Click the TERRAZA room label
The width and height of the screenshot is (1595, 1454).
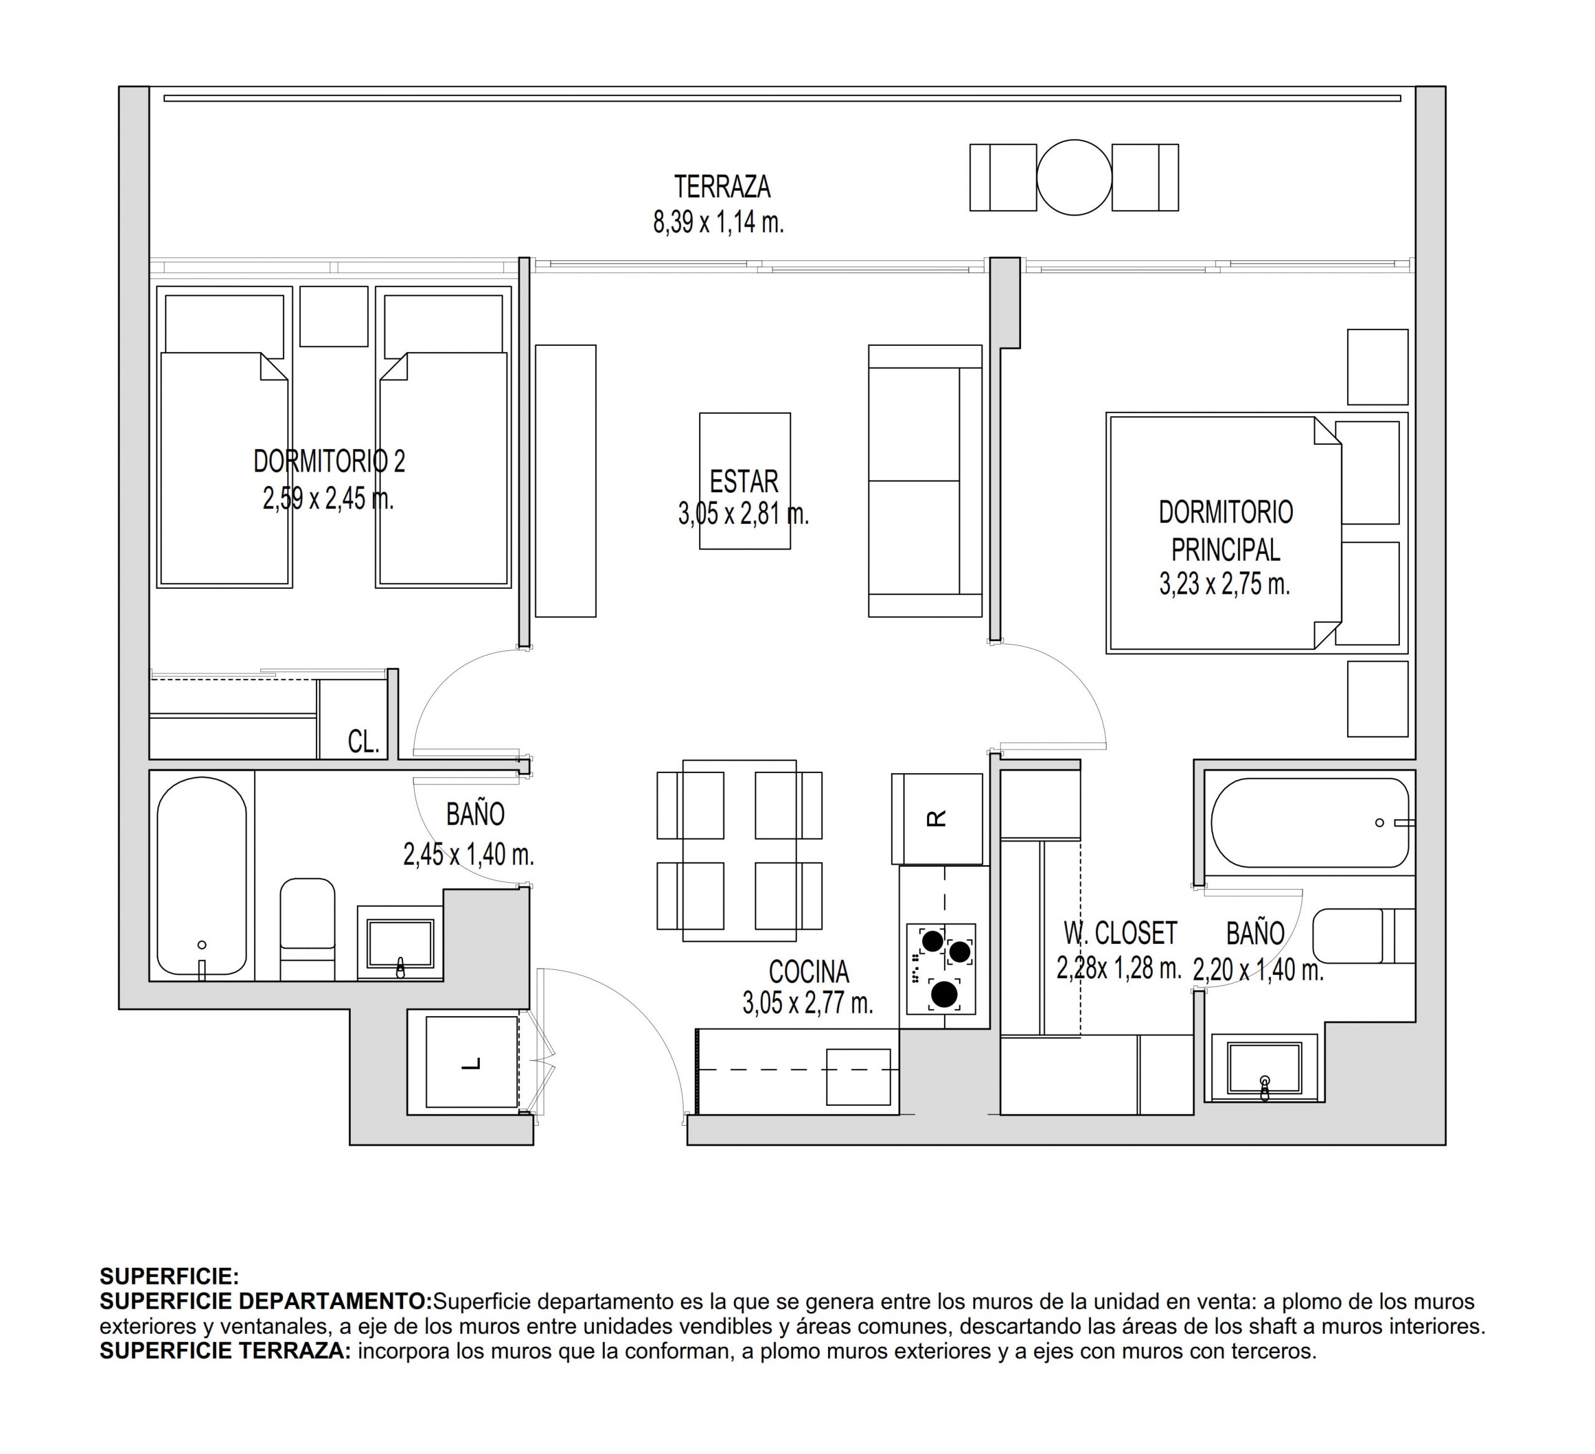click(721, 187)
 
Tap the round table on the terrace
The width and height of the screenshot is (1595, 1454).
click(1074, 177)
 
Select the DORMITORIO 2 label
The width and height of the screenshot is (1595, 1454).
click(329, 461)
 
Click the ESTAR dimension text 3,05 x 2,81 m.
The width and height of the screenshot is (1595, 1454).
click(744, 514)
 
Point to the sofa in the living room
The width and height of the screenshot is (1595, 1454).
click(925, 480)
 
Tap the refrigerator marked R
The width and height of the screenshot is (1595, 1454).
click(936, 819)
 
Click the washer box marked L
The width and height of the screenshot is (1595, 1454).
click(472, 1062)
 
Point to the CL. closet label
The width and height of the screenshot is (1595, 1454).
click(364, 741)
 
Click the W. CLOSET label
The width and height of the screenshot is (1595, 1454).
click(1120, 933)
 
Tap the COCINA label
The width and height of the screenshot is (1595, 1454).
click(809, 971)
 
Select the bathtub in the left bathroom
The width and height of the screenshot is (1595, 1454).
click(202, 876)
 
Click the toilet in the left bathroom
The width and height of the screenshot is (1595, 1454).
click(308, 929)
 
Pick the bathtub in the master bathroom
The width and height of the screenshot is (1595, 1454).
click(1310, 823)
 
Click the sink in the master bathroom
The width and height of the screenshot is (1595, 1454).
click(1264, 1068)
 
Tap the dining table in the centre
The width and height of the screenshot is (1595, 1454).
click(740, 850)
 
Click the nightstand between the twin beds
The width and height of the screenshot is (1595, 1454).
click(334, 316)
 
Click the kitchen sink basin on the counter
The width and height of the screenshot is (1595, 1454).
click(859, 1076)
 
